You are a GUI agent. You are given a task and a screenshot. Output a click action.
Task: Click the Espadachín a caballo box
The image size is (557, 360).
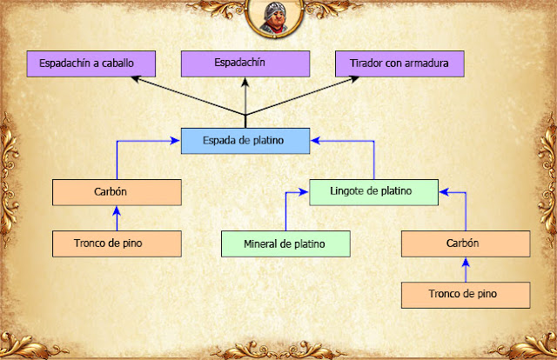pos(91,63)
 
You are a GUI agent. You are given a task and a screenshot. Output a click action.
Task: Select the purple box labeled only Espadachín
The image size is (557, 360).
pos(245,63)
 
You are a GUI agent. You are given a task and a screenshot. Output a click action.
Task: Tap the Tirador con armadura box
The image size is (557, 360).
pos(399,63)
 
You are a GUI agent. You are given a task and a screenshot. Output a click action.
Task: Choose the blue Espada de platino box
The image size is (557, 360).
pos(245,140)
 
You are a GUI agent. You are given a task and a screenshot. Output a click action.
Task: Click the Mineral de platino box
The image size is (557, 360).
pos(285,243)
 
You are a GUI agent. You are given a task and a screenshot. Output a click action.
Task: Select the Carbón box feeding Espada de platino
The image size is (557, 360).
pos(117,192)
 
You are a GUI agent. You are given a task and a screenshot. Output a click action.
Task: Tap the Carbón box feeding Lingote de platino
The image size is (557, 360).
pos(466,243)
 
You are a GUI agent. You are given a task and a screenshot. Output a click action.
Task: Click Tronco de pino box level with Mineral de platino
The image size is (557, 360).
pos(117,243)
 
